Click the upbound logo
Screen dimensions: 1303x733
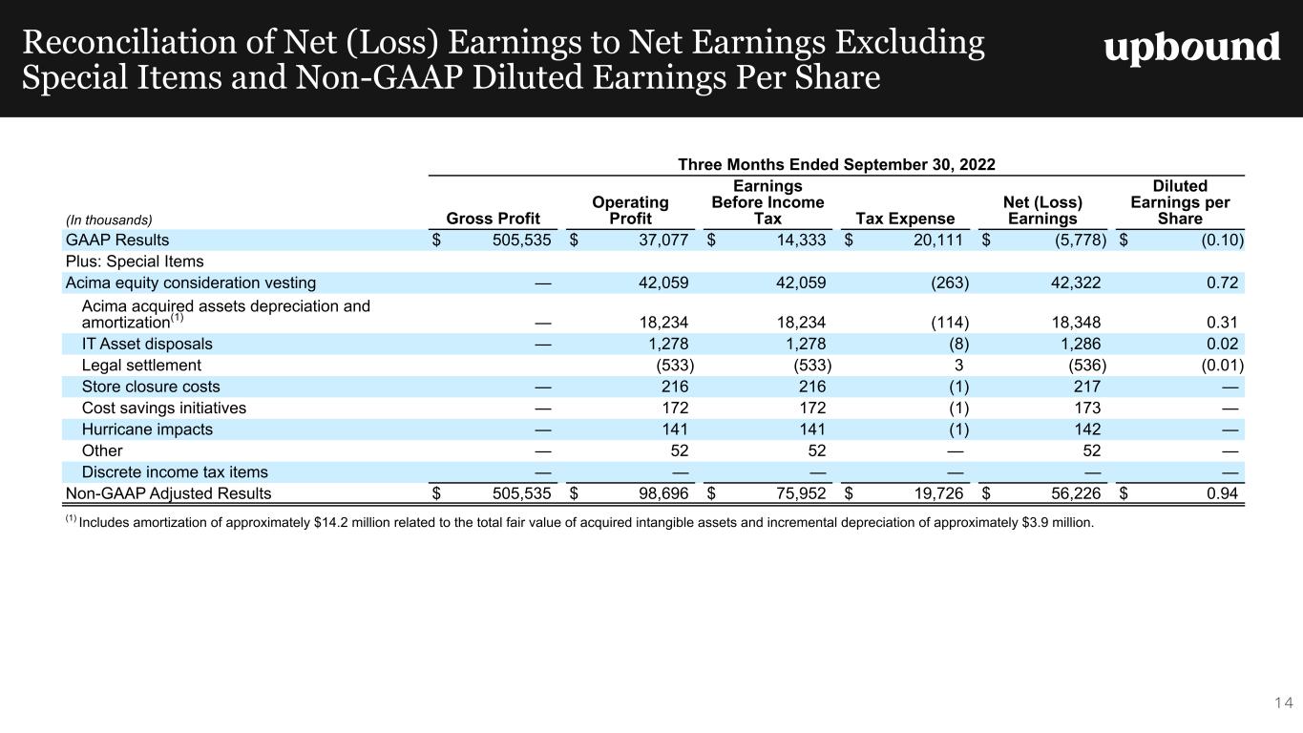coord(1192,48)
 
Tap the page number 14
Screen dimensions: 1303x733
coord(1283,702)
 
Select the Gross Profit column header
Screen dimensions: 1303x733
coord(493,219)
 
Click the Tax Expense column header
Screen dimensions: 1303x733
coord(905,219)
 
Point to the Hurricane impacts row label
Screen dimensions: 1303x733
coord(147,429)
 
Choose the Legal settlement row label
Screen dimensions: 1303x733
coord(141,366)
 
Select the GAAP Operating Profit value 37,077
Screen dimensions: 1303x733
coord(663,240)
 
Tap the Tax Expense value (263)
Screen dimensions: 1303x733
coord(950,283)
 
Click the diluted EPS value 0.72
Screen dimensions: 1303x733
coord(1222,283)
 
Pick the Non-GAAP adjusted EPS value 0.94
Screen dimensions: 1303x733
coord(1222,493)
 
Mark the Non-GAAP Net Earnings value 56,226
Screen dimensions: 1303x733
coord(1076,493)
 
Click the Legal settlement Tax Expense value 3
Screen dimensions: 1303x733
coord(958,366)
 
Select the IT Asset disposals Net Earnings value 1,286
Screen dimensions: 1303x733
coord(1081,344)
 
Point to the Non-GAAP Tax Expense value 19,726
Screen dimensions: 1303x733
coord(938,493)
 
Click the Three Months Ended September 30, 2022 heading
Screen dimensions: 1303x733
coord(836,164)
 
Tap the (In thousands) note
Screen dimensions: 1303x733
coord(109,220)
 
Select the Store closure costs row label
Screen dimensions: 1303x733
coord(151,387)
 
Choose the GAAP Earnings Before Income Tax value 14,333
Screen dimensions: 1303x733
coord(801,240)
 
